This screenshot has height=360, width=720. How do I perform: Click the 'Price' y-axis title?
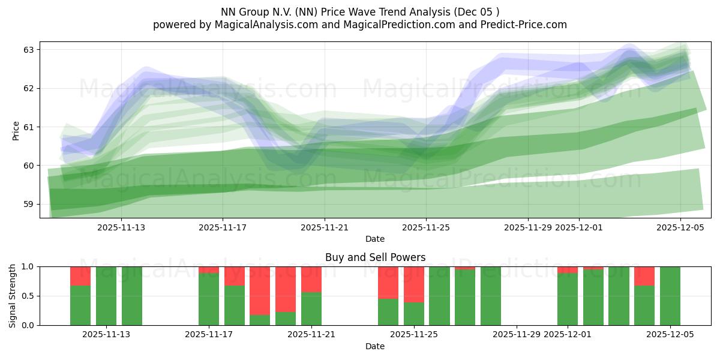(x=16, y=130)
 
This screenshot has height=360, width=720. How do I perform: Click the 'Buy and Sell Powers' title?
(x=375, y=257)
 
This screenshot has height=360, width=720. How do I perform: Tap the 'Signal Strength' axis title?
(x=13, y=295)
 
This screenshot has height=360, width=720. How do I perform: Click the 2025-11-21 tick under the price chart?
(x=325, y=227)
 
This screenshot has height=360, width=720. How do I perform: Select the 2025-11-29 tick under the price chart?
(x=528, y=227)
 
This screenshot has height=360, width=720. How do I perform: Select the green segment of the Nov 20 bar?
(x=286, y=319)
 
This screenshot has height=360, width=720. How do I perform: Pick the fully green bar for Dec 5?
(x=670, y=296)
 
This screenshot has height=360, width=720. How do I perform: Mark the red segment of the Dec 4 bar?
(x=644, y=275)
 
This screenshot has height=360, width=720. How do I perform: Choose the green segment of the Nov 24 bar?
(x=388, y=312)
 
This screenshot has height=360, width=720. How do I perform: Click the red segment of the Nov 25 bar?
(x=414, y=284)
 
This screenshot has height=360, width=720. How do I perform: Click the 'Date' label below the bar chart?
(x=375, y=346)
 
